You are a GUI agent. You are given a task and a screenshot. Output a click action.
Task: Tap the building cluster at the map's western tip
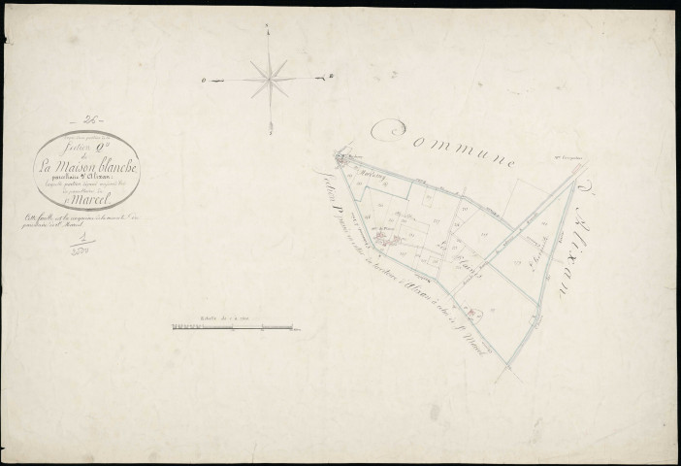click(342, 156)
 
